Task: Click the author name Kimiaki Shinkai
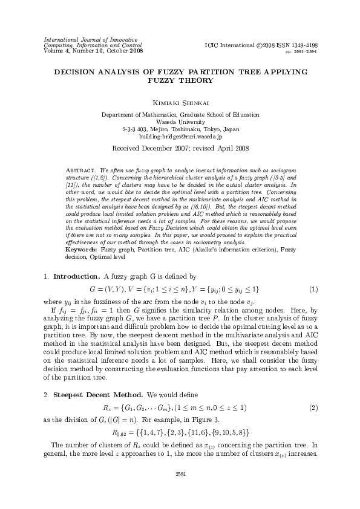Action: click(x=180, y=103)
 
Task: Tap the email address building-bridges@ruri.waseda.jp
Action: click(x=180, y=137)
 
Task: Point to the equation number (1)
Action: click(x=314, y=289)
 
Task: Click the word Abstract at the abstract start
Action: click(x=79, y=164)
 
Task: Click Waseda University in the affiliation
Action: click(x=180, y=122)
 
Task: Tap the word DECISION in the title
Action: click(x=76, y=71)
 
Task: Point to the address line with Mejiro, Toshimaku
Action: click(x=180, y=129)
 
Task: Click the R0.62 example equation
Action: click(x=180, y=433)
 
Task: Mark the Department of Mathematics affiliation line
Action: click(x=180, y=114)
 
